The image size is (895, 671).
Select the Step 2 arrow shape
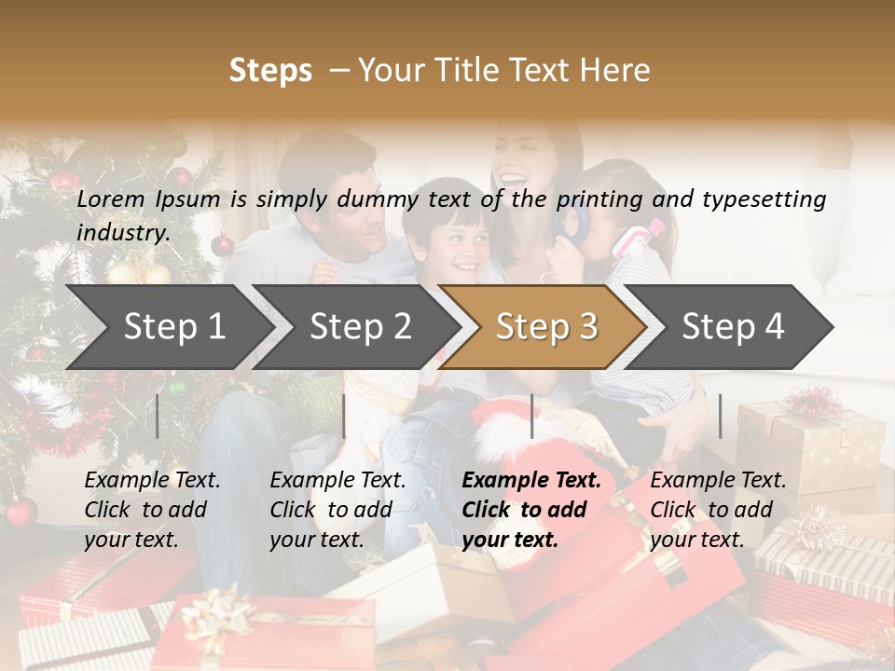(x=359, y=327)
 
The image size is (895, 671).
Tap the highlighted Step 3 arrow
(x=545, y=327)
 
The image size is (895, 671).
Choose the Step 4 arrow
(x=732, y=327)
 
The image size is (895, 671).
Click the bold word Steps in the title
(x=270, y=70)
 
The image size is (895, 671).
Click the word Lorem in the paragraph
(x=110, y=199)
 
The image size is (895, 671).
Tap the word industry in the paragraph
(x=122, y=233)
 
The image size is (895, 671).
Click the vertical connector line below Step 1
(x=158, y=416)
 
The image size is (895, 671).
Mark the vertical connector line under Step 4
(x=720, y=416)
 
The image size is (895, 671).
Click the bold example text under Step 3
(x=531, y=510)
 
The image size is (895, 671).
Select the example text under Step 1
(x=152, y=510)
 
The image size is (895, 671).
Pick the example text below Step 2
(x=337, y=510)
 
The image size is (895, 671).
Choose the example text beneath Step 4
(x=718, y=510)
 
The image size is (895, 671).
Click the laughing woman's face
(x=527, y=168)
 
